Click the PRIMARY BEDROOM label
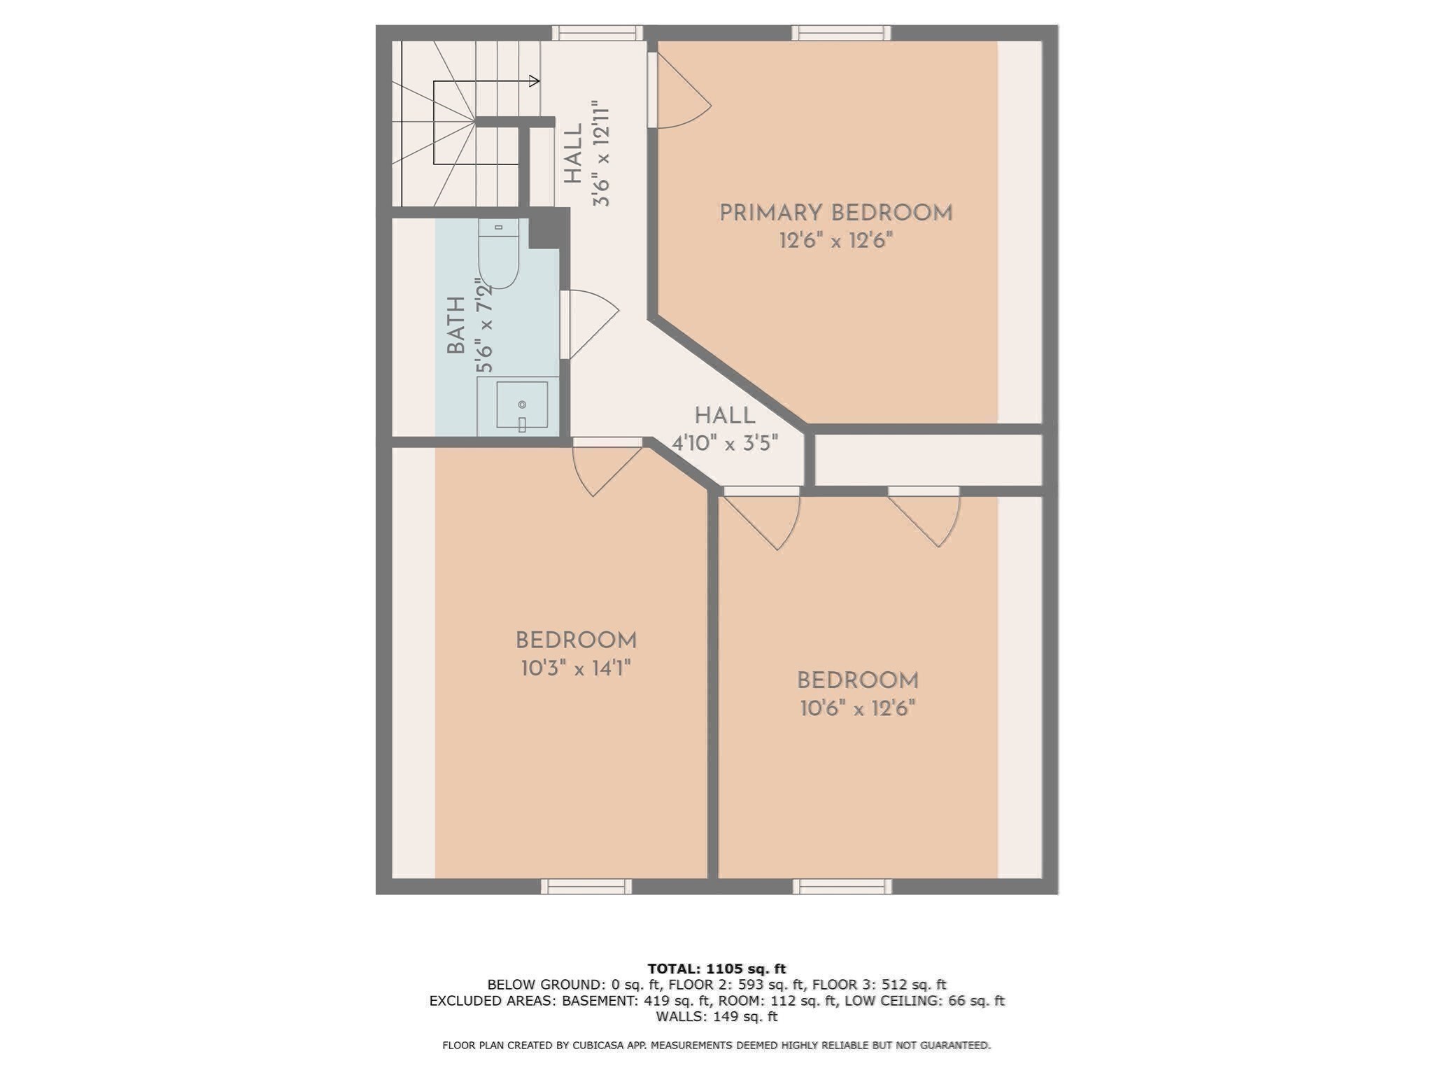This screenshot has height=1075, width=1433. click(x=835, y=213)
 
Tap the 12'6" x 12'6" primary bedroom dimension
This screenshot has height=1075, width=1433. click(x=835, y=241)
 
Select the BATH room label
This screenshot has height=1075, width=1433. click(x=456, y=325)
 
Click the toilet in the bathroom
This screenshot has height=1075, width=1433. click(x=498, y=255)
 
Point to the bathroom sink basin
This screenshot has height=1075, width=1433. click(x=522, y=405)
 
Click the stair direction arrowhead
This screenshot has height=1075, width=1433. click(x=535, y=81)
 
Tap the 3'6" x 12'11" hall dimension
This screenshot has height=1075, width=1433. click(x=601, y=154)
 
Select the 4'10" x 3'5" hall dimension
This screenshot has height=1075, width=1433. click(x=725, y=444)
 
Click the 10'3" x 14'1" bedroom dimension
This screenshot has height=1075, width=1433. click(x=576, y=669)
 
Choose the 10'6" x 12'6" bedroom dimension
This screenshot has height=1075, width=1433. click(x=858, y=709)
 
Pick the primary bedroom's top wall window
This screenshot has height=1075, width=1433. click(x=842, y=32)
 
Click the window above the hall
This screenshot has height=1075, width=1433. click(x=597, y=32)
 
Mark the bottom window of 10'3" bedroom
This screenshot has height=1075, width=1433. click(x=586, y=887)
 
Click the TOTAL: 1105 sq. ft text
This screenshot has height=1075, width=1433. click(x=716, y=969)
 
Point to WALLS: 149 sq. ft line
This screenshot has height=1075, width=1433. click(x=716, y=1016)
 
